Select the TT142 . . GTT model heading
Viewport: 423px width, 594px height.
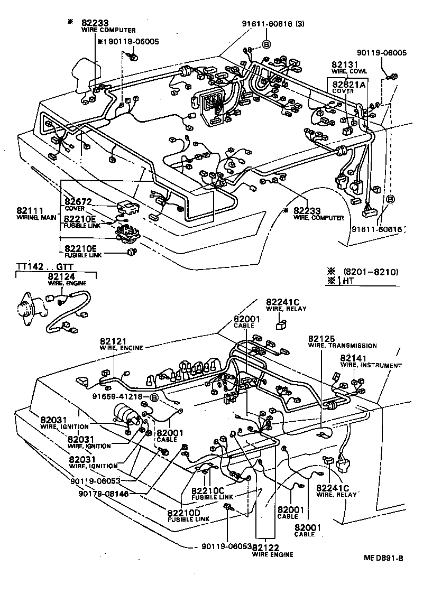38,266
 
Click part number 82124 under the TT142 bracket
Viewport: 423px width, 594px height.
61,276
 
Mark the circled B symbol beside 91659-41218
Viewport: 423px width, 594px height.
154,397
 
